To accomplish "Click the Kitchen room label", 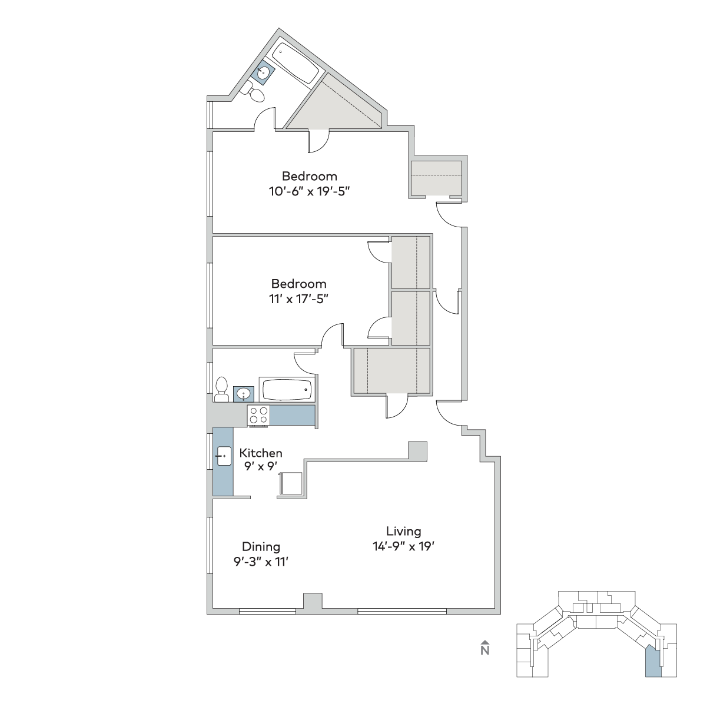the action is click(x=261, y=453).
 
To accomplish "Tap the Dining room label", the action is click(x=261, y=547).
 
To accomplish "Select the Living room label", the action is click(x=404, y=531).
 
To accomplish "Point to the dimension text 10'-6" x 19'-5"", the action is click(x=309, y=191).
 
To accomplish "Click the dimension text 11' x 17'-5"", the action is click(x=298, y=299).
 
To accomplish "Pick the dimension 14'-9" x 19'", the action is click(x=404, y=547).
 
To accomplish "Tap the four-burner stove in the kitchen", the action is click(x=258, y=416).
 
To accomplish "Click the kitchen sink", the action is click(x=224, y=456).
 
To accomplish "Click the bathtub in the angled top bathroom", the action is click(x=296, y=63).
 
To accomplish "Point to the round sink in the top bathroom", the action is click(x=263, y=73).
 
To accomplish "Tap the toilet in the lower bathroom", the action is click(x=221, y=389).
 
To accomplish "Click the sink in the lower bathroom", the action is click(x=243, y=394).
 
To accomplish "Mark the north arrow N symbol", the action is click(x=485, y=648).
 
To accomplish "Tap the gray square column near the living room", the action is click(x=417, y=451).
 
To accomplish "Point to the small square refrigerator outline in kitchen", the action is click(x=291, y=483).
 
